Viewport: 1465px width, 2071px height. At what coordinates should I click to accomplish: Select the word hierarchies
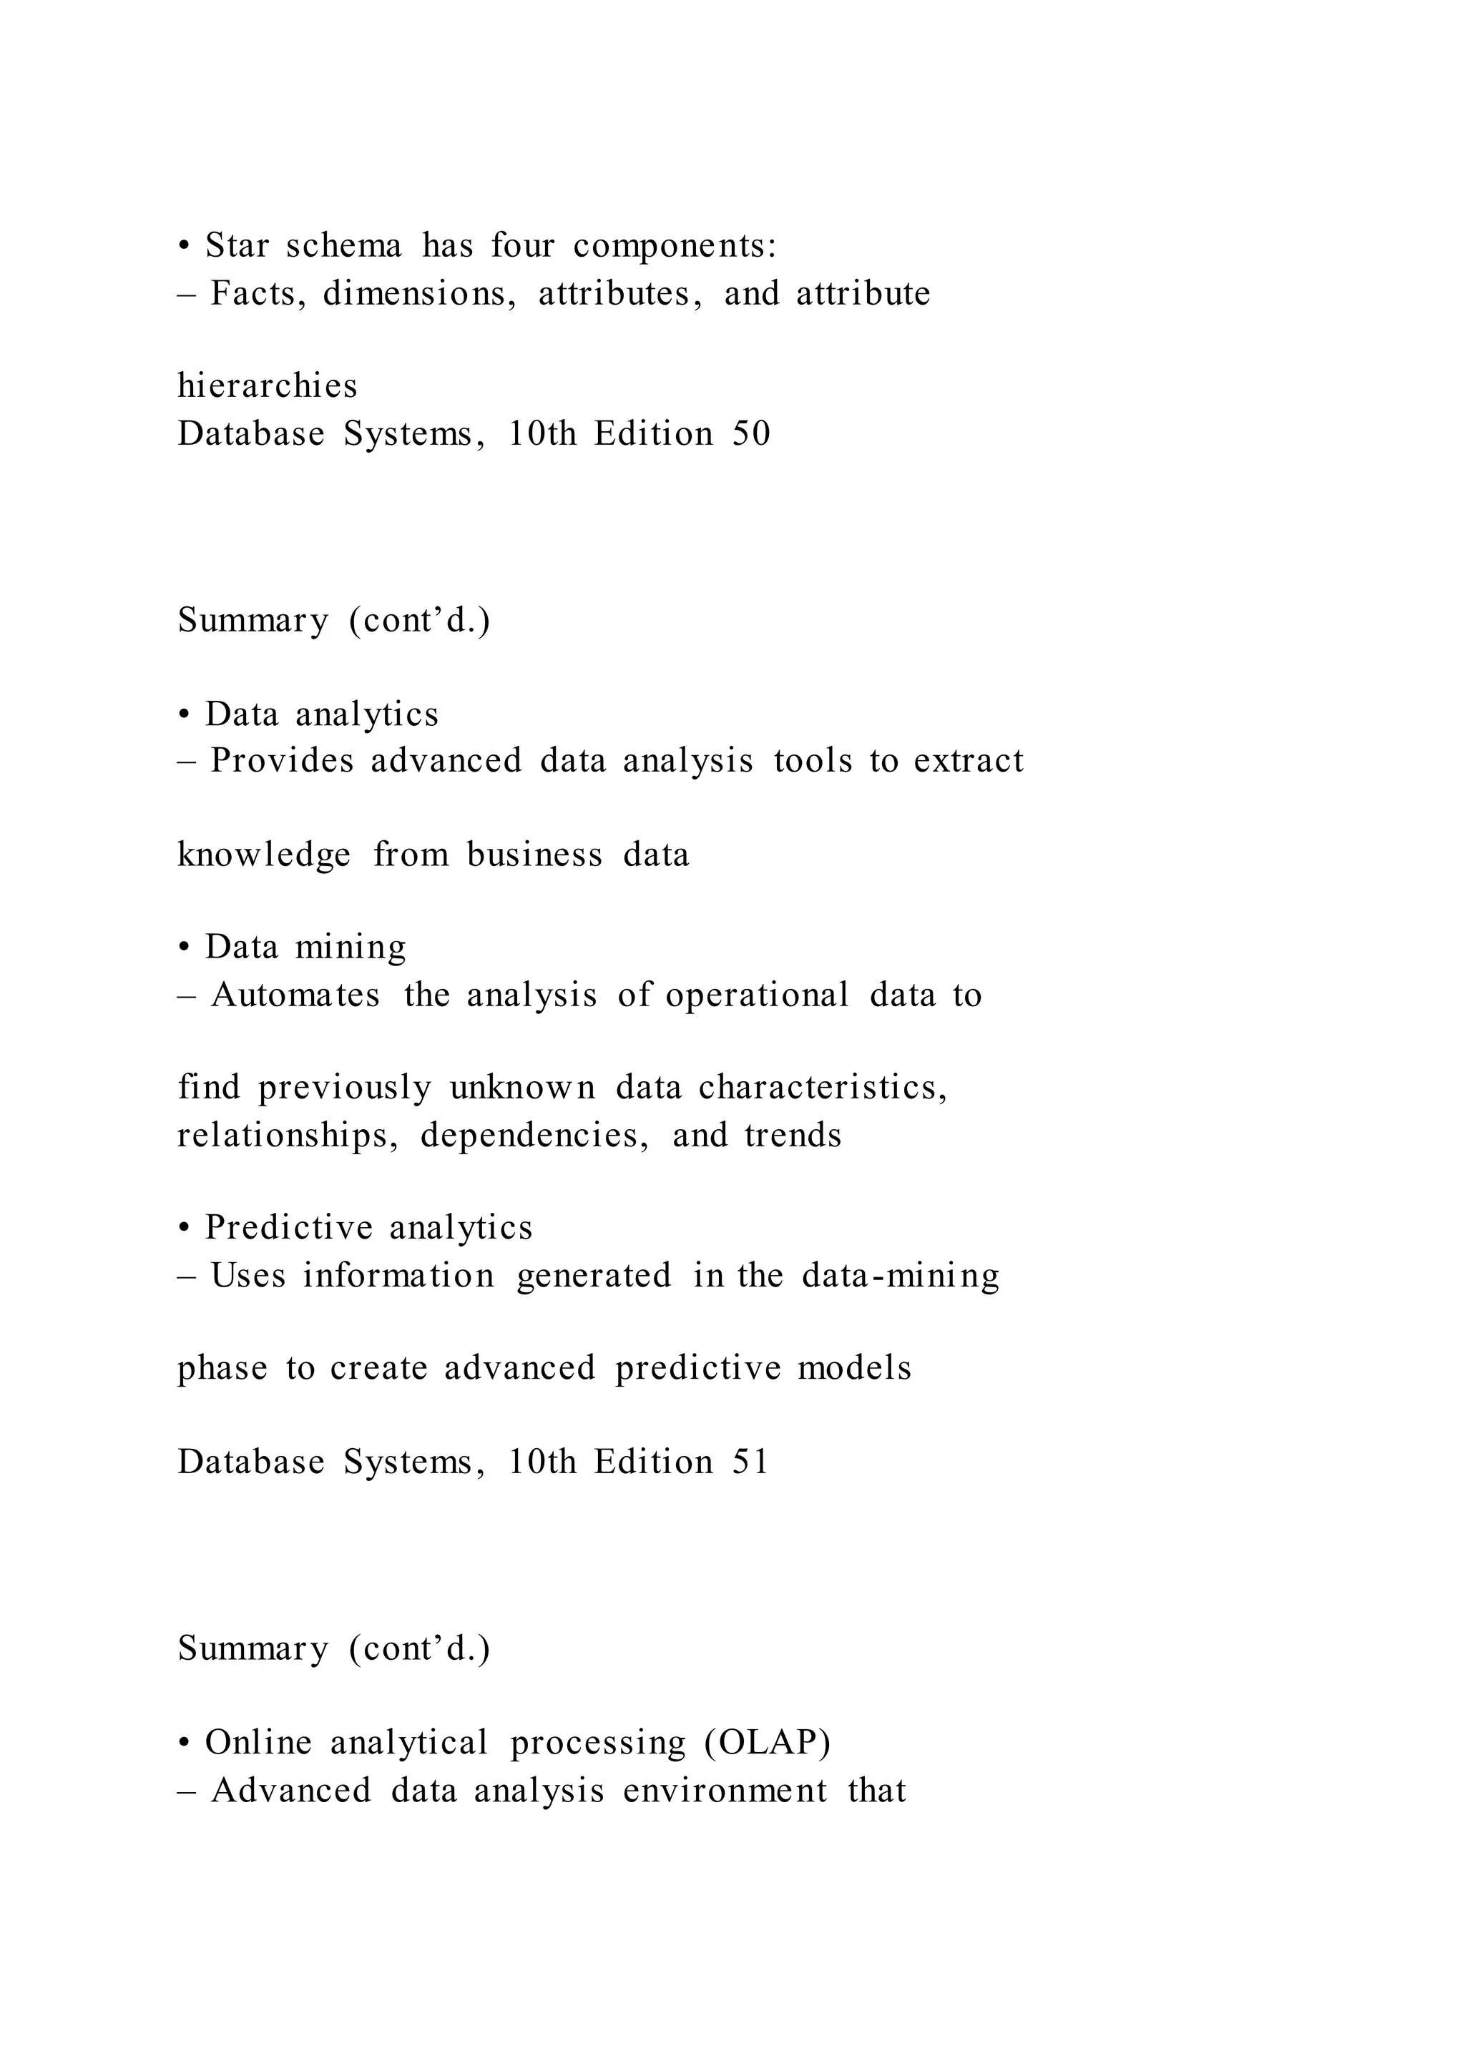pyautogui.click(x=267, y=386)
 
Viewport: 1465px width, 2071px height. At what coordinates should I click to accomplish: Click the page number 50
pyautogui.click(x=750, y=434)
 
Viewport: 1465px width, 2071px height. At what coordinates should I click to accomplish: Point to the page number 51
pyautogui.click(x=750, y=1462)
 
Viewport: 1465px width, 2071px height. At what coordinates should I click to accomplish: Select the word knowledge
pyautogui.click(x=263, y=854)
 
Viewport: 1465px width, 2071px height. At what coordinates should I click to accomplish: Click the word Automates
pyautogui.click(x=295, y=995)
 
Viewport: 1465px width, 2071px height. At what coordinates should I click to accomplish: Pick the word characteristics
pyautogui.click(x=822, y=1088)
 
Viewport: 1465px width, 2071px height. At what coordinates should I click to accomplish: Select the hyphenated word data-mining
pyautogui.click(x=901, y=1276)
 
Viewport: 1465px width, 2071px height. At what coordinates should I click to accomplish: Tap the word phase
pyautogui.click(x=222, y=1368)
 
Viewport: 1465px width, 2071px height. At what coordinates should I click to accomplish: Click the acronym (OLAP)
pyautogui.click(x=767, y=1742)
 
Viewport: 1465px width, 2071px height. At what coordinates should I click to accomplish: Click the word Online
pyautogui.click(x=258, y=1742)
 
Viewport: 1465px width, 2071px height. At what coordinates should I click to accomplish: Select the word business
pyautogui.click(x=534, y=854)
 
